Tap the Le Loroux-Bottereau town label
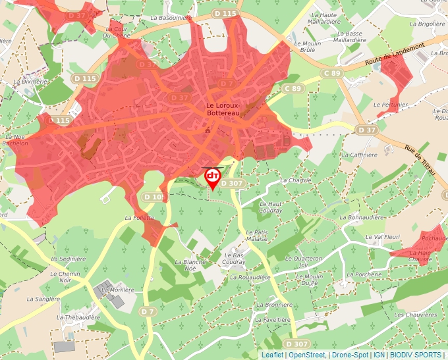224,109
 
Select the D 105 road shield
153,197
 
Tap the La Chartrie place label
294,180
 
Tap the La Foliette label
139,217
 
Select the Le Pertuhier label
386,104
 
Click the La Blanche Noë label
190,265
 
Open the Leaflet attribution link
272,355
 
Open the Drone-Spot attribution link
349,355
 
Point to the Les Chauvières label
416,315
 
